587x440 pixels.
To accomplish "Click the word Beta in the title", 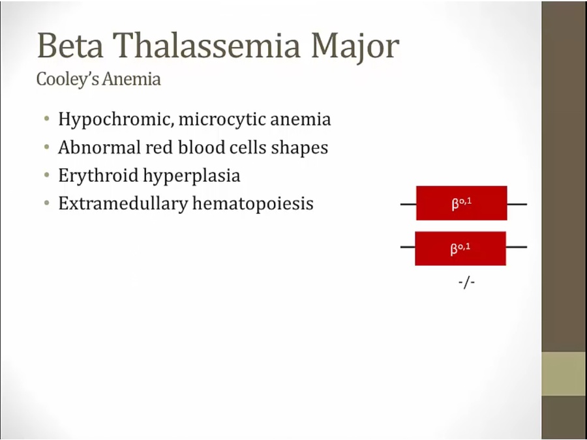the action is pyautogui.click(x=70, y=46).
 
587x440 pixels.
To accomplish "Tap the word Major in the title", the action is pyautogui.click(x=355, y=48).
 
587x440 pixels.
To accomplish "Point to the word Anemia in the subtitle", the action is pyautogui.click(x=132, y=79).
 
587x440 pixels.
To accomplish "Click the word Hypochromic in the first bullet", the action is pyautogui.click(x=116, y=120).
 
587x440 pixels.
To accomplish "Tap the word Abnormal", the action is pyautogui.click(x=100, y=147).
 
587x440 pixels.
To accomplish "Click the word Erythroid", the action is pyautogui.click(x=98, y=176).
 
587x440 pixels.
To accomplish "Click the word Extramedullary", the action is pyautogui.click(x=123, y=204).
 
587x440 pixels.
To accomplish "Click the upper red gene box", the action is pyautogui.click(x=462, y=203).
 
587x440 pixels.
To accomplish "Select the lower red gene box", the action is pyautogui.click(x=460, y=248).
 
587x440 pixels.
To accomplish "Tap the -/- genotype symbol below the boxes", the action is pyautogui.click(x=466, y=282).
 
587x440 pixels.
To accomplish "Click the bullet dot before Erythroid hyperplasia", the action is pyautogui.click(x=46, y=175).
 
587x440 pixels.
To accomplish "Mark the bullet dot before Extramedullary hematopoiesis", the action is pyautogui.click(x=46, y=203).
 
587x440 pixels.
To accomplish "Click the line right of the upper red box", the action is pyautogui.click(x=517, y=204).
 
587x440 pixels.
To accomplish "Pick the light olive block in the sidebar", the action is pyautogui.click(x=564, y=374).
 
